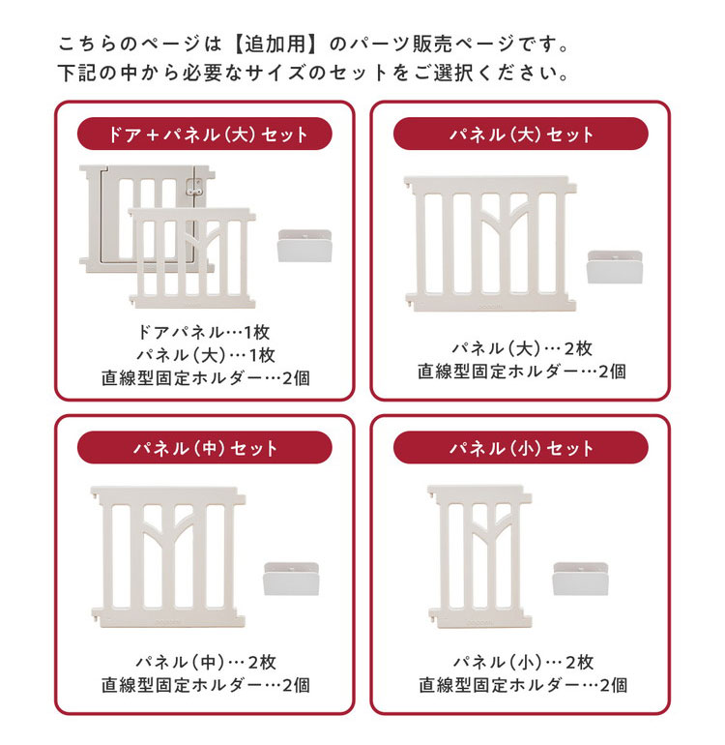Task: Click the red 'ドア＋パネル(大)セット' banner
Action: tap(205, 134)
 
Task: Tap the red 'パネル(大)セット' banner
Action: tap(521, 134)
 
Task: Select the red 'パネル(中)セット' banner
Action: tap(205, 448)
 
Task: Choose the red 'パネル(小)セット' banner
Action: tap(521, 448)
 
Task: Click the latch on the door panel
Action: tap(193, 187)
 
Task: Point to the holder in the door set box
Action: tap(304, 246)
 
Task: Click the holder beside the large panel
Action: tap(615, 267)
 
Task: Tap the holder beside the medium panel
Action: tap(291, 579)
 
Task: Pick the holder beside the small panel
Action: tap(580, 579)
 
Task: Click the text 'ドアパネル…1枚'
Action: tap(204, 332)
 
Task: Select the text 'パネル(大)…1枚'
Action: tap(205, 355)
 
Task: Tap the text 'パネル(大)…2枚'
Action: tap(522, 348)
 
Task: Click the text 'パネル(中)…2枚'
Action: tap(206, 662)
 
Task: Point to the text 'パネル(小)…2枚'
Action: tap(523, 662)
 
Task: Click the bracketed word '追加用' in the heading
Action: tap(275, 45)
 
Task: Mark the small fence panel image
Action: tap(479, 556)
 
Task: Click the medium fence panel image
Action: tap(168, 556)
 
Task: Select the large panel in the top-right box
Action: tap(490, 244)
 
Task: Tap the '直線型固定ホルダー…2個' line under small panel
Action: tap(523, 685)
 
